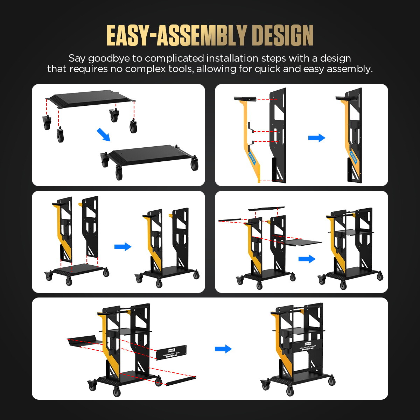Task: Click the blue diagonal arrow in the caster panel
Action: (103, 134)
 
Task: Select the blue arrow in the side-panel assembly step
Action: (316, 138)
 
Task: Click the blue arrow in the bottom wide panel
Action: (223, 349)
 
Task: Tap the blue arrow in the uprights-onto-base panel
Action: (122, 247)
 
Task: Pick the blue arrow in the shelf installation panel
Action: (307, 259)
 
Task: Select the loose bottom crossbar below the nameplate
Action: (181, 381)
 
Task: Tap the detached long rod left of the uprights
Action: (230, 220)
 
